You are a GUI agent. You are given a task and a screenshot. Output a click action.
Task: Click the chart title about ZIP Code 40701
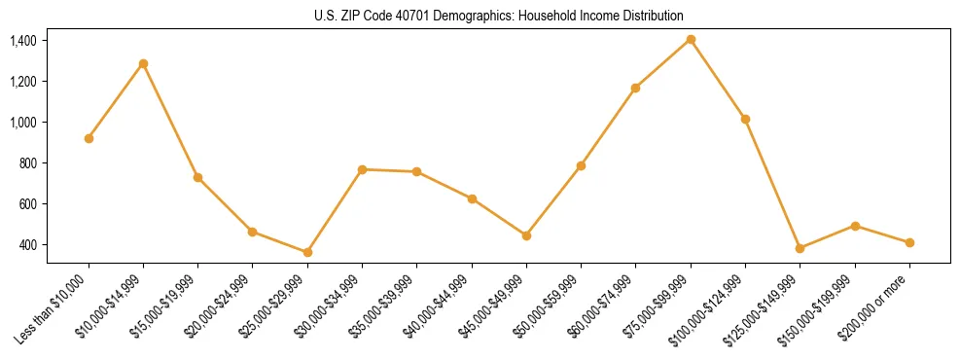point(499,16)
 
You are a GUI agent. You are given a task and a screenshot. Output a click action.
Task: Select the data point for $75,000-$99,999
point(691,39)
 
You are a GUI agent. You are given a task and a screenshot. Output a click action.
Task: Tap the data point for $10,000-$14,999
point(143,63)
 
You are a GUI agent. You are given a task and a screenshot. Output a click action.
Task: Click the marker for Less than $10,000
point(89,138)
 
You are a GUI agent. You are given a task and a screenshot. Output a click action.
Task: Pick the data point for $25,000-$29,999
point(307,252)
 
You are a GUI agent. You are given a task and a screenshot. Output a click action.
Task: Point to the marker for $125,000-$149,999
point(800,248)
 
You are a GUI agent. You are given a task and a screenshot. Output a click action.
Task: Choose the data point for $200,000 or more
point(909,242)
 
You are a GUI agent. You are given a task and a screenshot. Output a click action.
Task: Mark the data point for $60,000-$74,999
point(635,88)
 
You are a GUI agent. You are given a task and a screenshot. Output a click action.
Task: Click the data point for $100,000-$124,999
point(745,119)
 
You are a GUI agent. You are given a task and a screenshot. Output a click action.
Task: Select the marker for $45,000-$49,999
point(526,235)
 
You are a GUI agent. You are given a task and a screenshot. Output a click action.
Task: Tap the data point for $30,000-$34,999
point(362,169)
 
